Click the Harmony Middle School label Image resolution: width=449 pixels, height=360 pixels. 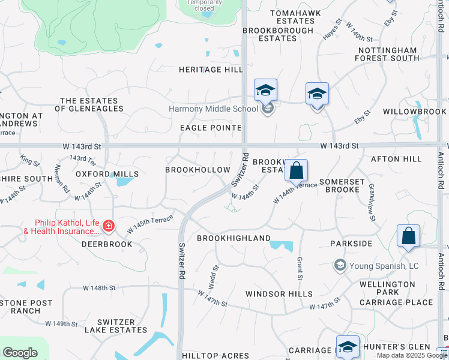pyautogui.click(x=213, y=109)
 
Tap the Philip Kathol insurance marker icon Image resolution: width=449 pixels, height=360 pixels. pyautogui.click(x=109, y=226)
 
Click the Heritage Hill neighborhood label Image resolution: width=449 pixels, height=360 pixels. pyautogui.click(x=211, y=70)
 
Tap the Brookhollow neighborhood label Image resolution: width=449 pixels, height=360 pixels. pyautogui.click(x=197, y=170)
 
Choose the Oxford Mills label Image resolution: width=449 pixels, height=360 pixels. pyautogui.click(x=107, y=174)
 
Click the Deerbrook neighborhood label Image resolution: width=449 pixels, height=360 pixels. pyautogui.click(x=107, y=245)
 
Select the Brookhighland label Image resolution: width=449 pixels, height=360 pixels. pyautogui.click(x=234, y=238)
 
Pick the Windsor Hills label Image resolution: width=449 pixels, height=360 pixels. pyautogui.click(x=279, y=293)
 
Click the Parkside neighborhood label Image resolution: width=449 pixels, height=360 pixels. pyautogui.click(x=351, y=244)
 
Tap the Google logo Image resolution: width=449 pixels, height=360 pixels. pyautogui.click(x=20, y=353)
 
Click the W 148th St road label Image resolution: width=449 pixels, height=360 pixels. pyautogui.click(x=99, y=288)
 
